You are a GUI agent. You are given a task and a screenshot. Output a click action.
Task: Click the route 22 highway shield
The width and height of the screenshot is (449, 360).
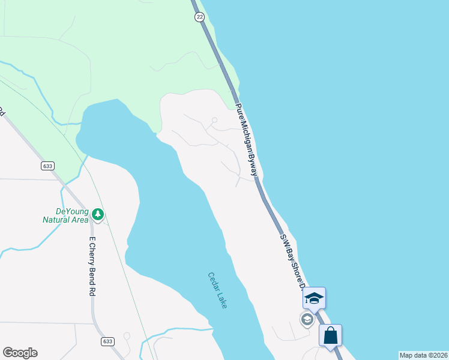[199, 17]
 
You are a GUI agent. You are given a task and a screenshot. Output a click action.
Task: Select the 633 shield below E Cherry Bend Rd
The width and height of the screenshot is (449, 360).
[107, 341]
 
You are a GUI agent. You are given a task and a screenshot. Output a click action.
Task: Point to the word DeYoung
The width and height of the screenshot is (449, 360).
[72, 211]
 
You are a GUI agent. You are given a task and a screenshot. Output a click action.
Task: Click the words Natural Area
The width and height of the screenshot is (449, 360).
[67, 220]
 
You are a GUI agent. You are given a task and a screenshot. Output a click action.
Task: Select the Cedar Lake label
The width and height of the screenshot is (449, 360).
[218, 290]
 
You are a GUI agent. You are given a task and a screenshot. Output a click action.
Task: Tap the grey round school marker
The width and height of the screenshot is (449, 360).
[307, 319]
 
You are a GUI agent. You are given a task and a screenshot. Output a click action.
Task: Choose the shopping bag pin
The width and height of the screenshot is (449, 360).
[330, 335]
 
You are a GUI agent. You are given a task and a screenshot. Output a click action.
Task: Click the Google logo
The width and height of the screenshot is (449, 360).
[20, 353]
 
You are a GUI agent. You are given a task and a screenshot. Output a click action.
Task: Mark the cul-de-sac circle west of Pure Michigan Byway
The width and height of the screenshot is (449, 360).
[214, 120]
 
